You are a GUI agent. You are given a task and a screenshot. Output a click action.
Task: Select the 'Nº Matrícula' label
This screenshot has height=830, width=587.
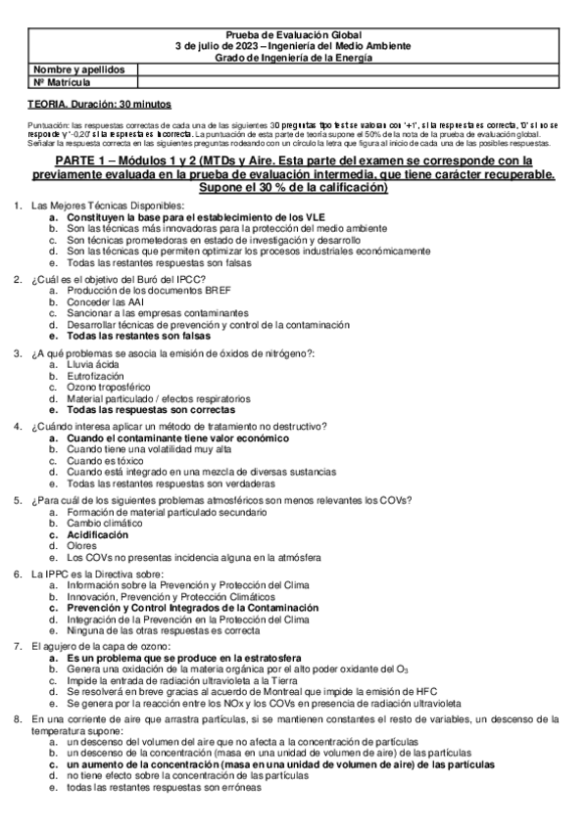pos(58,82)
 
